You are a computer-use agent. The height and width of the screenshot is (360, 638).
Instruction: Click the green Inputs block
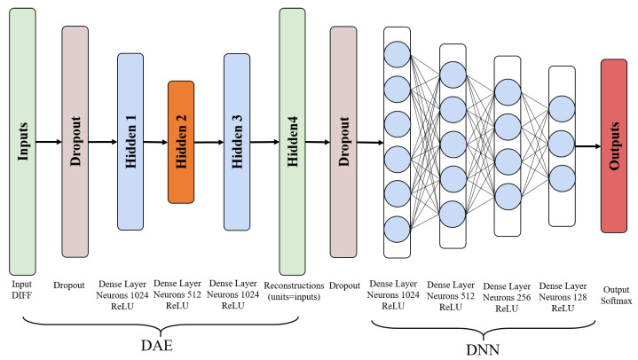[22, 141]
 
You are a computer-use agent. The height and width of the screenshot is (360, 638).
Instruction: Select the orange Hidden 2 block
[181, 141]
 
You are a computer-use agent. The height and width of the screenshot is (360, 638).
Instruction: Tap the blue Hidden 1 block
[130, 141]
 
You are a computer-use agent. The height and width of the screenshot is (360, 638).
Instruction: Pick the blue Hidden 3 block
[237, 141]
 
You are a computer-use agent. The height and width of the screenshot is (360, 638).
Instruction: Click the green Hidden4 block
[292, 141]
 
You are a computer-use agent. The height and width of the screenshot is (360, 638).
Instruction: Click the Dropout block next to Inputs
[75, 141]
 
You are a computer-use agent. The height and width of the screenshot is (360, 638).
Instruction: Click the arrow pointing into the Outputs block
[587, 145]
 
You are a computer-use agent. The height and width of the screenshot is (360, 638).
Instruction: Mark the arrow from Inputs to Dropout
[50, 141]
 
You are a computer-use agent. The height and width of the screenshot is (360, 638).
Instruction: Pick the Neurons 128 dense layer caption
[563, 296]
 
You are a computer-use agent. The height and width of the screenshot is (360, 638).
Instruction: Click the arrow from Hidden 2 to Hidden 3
[209, 142]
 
